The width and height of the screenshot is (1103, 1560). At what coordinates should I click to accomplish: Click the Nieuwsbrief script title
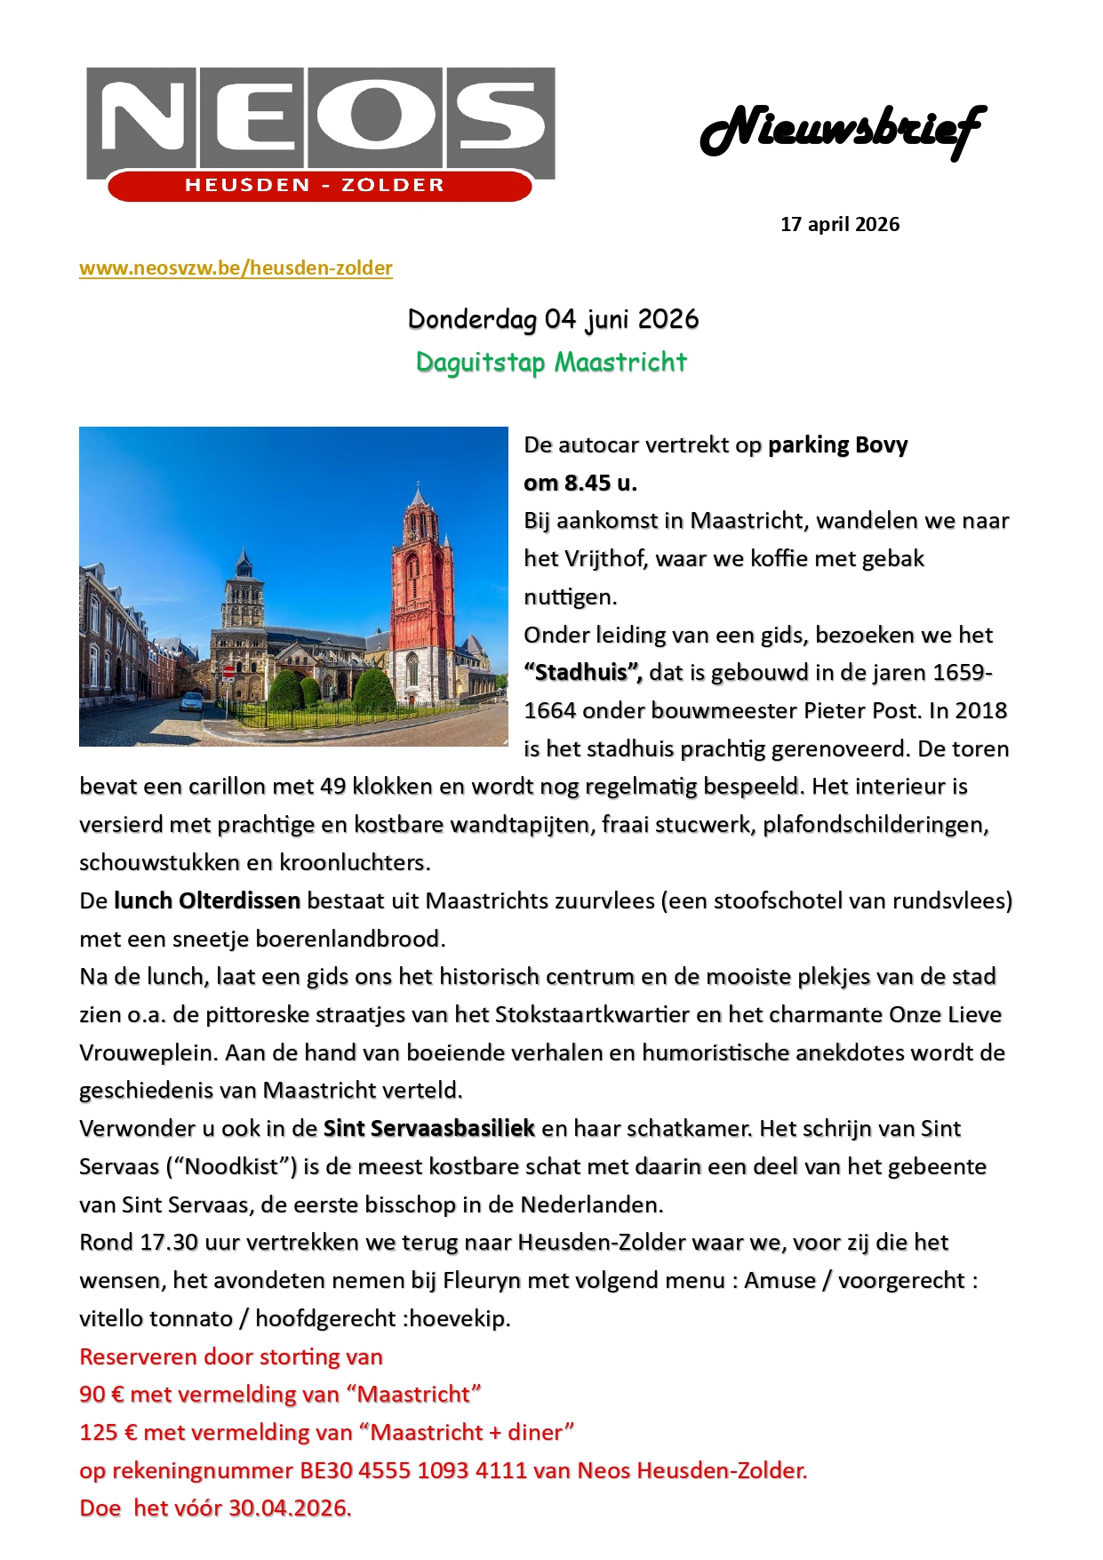[x=843, y=130]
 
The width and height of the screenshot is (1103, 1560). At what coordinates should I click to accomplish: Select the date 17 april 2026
[x=839, y=224]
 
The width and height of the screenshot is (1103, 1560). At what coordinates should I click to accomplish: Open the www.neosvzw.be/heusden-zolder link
[x=236, y=268]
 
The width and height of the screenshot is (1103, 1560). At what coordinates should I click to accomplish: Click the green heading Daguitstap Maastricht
[x=551, y=363]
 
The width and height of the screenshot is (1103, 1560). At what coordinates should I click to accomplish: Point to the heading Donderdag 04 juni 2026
[x=553, y=319]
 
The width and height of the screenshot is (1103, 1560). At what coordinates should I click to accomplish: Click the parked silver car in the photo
[x=191, y=702]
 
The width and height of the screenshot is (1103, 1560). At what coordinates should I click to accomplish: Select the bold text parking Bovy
[x=837, y=444]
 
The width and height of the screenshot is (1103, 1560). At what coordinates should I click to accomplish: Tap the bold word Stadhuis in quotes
[x=582, y=672]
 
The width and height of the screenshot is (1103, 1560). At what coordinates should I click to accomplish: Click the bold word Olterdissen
[x=239, y=900]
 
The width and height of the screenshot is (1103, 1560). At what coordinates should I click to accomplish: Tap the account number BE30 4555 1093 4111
[x=413, y=1470]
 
